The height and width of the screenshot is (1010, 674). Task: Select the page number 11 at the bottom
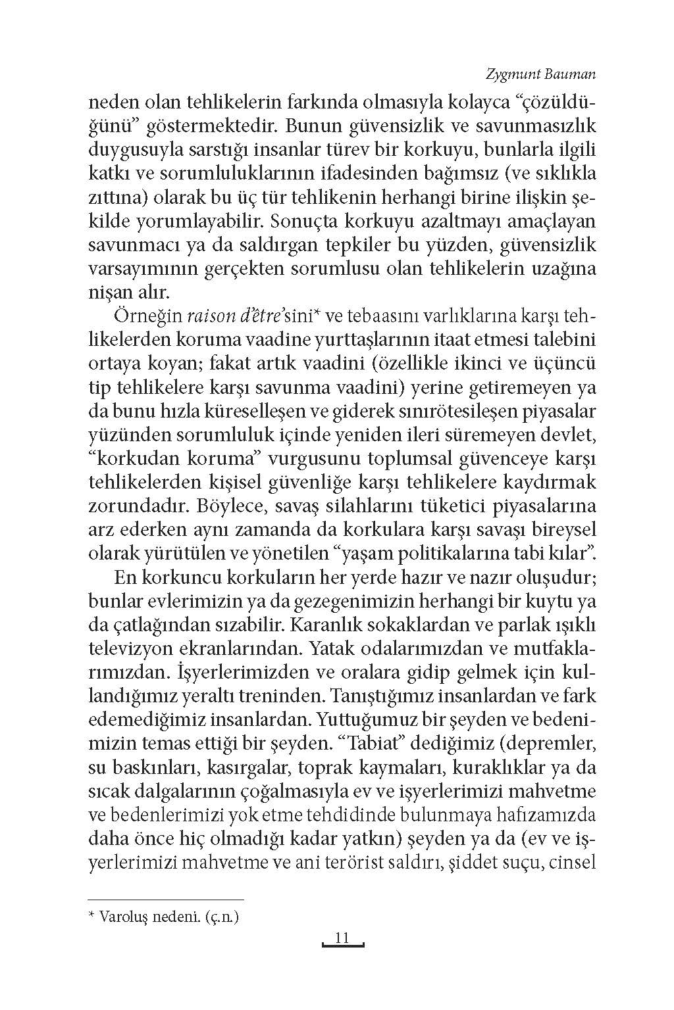(x=342, y=938)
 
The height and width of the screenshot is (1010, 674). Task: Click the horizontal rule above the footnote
(x=165, y=899)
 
